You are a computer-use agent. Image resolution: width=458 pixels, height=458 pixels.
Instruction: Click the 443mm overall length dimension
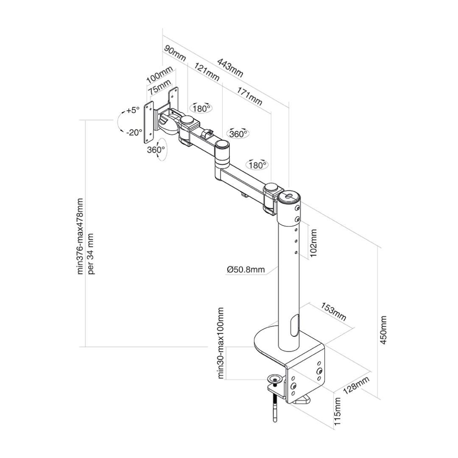click(x=230, y=68)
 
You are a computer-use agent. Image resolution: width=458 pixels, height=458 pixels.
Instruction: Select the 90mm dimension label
click(x=175, y=53)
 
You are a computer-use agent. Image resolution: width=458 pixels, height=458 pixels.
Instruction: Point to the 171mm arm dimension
click(x=249, y=96)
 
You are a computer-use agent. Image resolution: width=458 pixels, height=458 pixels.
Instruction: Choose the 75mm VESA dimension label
click(x=159, y=86)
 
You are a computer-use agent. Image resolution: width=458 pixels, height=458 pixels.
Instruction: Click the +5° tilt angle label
click(x=133, y=110)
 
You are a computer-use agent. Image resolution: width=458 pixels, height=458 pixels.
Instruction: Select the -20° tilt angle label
click(x=134, y=132)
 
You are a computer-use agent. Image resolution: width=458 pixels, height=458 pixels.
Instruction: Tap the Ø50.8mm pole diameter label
click(x=246, y=270)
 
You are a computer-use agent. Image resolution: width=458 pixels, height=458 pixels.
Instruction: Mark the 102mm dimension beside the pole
click(x=313, y=243)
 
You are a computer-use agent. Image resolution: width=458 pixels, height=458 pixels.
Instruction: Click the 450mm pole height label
click(x=383, y=330)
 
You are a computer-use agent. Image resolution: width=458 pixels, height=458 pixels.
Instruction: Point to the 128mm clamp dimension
click(x=356, y=385)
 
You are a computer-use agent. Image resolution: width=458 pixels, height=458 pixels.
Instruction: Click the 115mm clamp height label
click(x=337, y=411)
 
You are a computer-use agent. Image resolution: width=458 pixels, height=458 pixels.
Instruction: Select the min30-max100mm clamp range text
click(x=221, y=343)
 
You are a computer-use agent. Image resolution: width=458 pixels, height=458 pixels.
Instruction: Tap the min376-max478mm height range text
click(x=80, y=237)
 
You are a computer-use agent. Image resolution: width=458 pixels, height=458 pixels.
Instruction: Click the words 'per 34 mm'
click(x=91, y=254)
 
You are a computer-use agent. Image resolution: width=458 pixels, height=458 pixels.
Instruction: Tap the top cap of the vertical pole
click(x=289, y=197)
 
